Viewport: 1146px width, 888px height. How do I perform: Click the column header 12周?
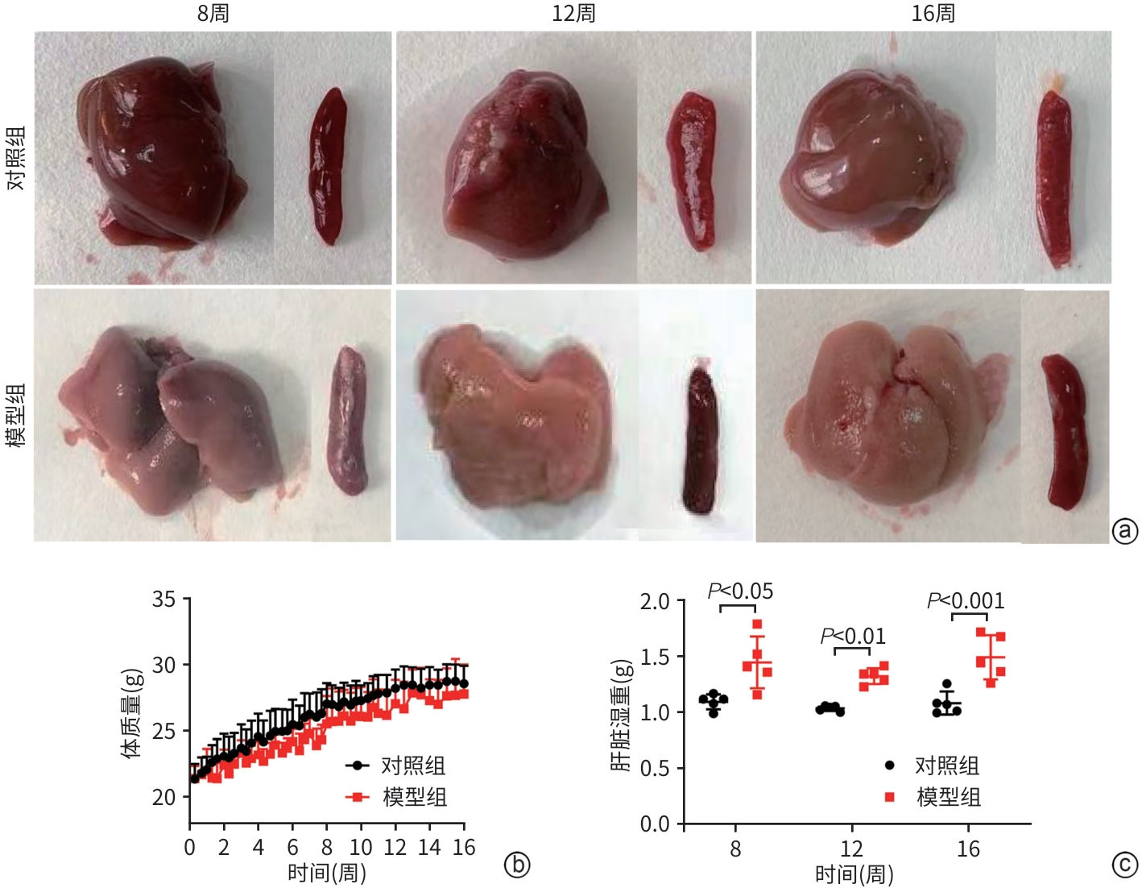[573, 14]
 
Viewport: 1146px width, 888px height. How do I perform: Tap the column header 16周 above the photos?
[933, 14]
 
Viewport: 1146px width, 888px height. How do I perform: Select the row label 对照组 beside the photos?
[17, 158]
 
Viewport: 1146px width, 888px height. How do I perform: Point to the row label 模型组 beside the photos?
[17, 415]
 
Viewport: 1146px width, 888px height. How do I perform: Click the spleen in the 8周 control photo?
[329, 165]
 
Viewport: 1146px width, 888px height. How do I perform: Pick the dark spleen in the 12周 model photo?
[701, 439]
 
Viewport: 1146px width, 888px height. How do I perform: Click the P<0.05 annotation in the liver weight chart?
[740, 591]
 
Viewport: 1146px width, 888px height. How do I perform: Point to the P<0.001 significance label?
[966, 601]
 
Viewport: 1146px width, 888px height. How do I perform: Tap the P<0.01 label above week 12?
[853, 637]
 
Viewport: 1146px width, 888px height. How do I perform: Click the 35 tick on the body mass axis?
[163, 600]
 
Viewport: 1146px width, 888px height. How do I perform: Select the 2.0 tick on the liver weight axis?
[655, 602]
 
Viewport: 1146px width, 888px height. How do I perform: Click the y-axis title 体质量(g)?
[131, 713]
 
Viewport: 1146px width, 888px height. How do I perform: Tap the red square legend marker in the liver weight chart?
[890, 797]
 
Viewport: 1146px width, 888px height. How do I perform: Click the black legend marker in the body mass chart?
[357, 766]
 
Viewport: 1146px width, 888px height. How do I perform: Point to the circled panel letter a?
[1124, 531]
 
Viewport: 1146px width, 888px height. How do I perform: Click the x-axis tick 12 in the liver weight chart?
[851, 849]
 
